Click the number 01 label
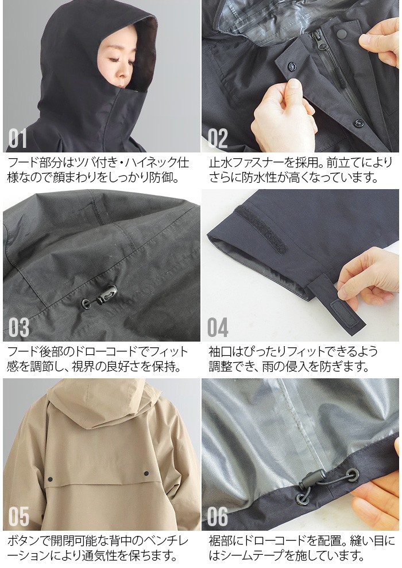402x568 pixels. pyautogui.click(x=18, y=139)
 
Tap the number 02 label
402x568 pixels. pyautogui.click(x=218, y=139)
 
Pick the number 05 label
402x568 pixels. pyautogui.click(x=19, y=517)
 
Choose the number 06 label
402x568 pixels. pyautogui.click(x=218, y=517)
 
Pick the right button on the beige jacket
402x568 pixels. pyautogui.click(x=145, y=473)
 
